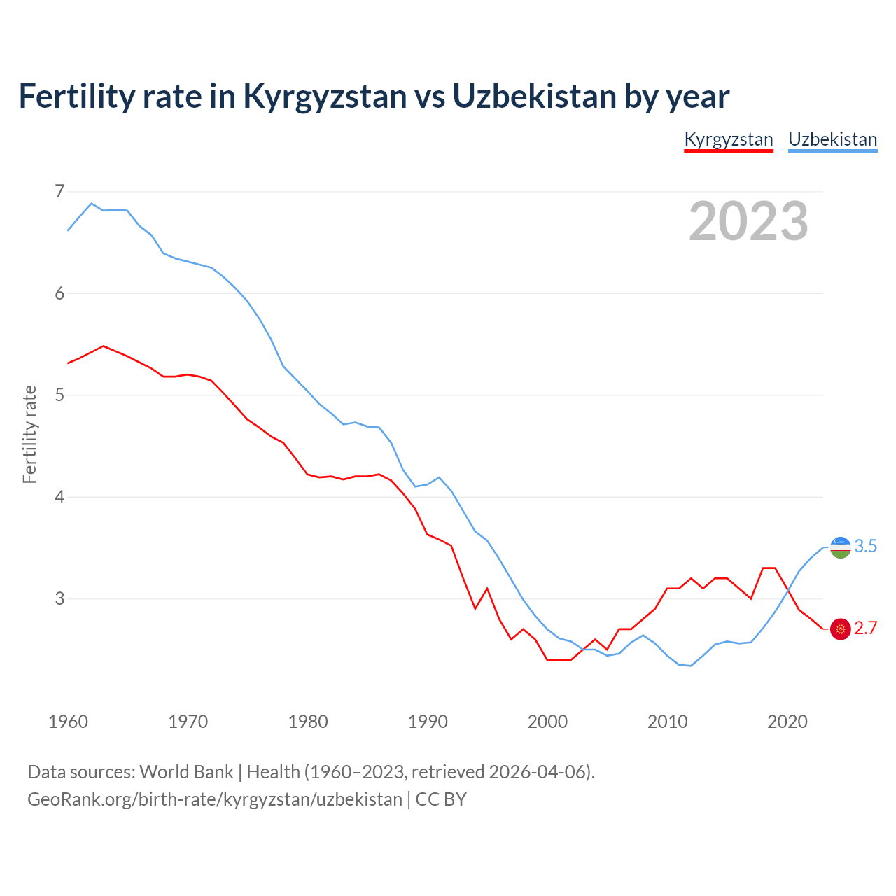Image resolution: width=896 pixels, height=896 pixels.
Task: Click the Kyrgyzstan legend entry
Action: (728, 139)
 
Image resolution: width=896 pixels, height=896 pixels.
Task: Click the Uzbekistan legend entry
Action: (832, 139)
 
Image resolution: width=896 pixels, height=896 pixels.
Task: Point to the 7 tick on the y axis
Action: (59, 191)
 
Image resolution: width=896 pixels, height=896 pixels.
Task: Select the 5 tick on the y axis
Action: (59, 395)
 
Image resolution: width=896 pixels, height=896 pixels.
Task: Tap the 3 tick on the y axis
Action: (59, 599)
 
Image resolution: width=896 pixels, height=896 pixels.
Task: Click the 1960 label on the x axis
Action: (68, 722)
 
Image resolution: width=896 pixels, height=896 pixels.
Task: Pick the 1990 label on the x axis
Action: (428, 722)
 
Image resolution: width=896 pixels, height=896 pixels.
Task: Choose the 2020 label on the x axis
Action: (787, 722)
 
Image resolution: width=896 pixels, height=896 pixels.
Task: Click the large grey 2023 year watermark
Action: (748, 221)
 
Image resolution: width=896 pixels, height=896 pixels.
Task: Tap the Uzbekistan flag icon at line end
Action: (840, 547)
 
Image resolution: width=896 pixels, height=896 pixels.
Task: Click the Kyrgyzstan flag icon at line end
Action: (840, 629)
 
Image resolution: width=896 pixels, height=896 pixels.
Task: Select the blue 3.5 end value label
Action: (866, 547)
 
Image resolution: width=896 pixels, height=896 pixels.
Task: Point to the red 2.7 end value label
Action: (866, 629)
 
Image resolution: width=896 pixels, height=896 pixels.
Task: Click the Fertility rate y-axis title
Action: (29, 434)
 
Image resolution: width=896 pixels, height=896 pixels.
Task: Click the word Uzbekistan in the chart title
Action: (534, 96)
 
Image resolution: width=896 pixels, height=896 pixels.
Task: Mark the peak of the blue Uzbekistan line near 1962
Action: (92, 203)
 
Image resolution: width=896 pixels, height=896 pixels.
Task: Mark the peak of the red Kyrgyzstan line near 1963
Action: (104, 346)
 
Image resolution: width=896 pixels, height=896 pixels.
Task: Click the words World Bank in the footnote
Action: (186, 772)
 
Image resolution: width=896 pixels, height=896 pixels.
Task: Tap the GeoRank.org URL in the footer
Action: (214, 799)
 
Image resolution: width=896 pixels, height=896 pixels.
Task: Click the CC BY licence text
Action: (441, 799)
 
